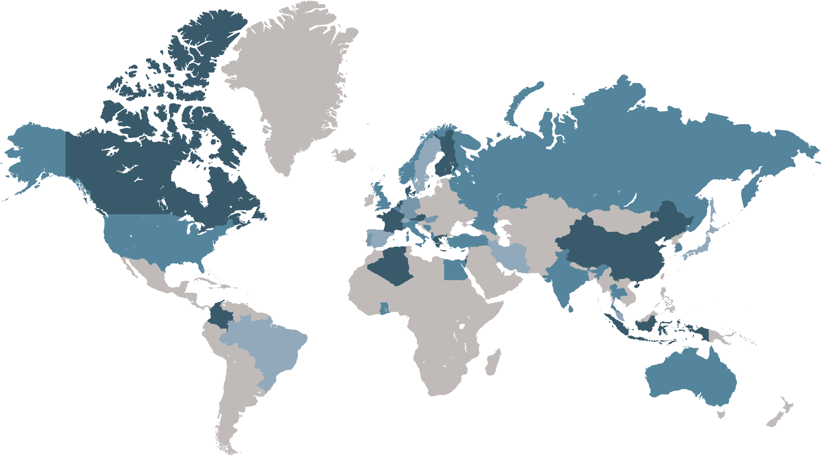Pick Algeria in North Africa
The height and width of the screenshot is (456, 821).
pyautogui.click(x=392, y=265)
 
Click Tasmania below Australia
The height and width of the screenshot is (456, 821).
pyautogui.click(x=721, y=413)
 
